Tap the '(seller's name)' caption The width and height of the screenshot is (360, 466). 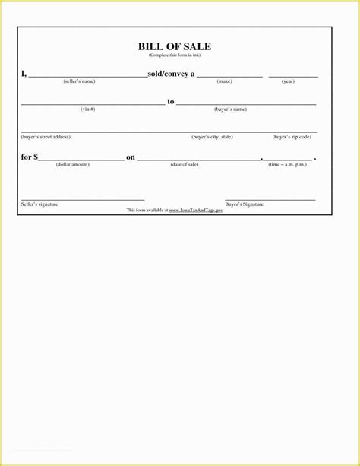pos(79,81)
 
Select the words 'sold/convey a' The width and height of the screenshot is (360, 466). pos(171,74)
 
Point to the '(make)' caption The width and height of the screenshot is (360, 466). pos(225,81)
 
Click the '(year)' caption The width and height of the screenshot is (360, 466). pos(288,81)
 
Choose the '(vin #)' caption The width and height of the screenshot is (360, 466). pos(88,109)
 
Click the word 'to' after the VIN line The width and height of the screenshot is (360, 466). pos(171,101)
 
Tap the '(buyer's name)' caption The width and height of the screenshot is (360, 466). pos(230,109)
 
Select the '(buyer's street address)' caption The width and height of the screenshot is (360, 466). pos(46,137)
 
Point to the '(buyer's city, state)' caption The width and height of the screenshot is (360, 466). pos(212,137)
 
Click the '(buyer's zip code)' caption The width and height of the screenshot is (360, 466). pos(292,137)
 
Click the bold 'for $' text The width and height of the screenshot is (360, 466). pos(29,157)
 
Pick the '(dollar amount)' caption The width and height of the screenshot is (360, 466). pos(73,164)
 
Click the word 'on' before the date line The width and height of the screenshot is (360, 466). pos(131,157)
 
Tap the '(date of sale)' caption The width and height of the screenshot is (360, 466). pos(185,164)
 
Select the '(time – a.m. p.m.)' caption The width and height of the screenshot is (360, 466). pos(289,164)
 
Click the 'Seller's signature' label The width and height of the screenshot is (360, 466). pos(39,204)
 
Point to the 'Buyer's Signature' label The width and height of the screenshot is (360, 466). pos(245,204)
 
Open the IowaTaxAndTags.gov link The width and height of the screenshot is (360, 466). pos(196,209)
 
